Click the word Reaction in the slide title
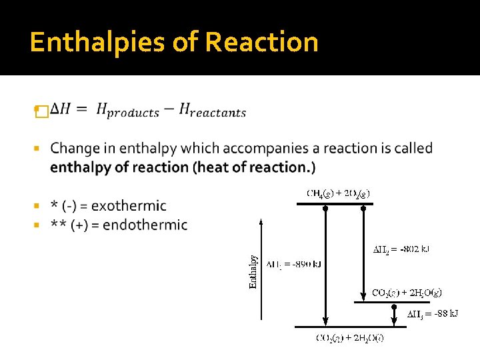tap(261, 43)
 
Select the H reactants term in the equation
tap(213, 111)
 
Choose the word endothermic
tap(145, 225)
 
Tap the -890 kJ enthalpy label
tap(293, 264)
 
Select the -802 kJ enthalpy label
tap(400, 249)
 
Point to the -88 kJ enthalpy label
tap(433, 313)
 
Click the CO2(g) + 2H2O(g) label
tap(407, 292)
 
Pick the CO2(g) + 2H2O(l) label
tap(349, 338)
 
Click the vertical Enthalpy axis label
tap(253, 272)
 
